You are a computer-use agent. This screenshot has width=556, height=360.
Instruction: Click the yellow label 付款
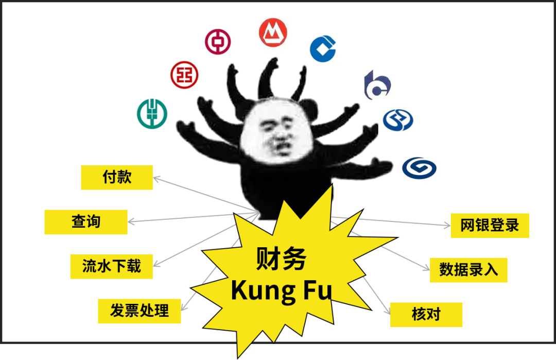coord(117,177)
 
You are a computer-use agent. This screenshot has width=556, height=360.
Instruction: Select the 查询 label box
coord(86,222)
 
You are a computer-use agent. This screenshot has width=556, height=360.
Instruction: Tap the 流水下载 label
coord(111,266)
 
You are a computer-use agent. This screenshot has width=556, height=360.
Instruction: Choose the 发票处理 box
coord(139,311)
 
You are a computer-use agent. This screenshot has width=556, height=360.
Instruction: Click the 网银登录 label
coord(490,225)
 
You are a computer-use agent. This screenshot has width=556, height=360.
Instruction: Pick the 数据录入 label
coord(468,270)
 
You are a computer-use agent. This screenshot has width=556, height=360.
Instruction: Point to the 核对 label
coord(426,314)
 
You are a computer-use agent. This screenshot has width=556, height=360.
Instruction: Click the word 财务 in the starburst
coord(281,259)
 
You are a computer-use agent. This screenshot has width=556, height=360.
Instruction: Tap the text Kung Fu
coord(281,290)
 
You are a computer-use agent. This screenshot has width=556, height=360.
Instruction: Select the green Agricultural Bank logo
coord(151,114)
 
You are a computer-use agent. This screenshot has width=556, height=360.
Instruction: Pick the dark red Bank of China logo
coord(218,42)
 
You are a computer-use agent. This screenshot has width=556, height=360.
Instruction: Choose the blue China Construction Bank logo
coord(324,49)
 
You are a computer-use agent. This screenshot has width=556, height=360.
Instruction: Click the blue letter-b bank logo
coord(377,85)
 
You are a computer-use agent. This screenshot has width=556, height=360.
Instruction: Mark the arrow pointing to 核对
coord(376,294)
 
